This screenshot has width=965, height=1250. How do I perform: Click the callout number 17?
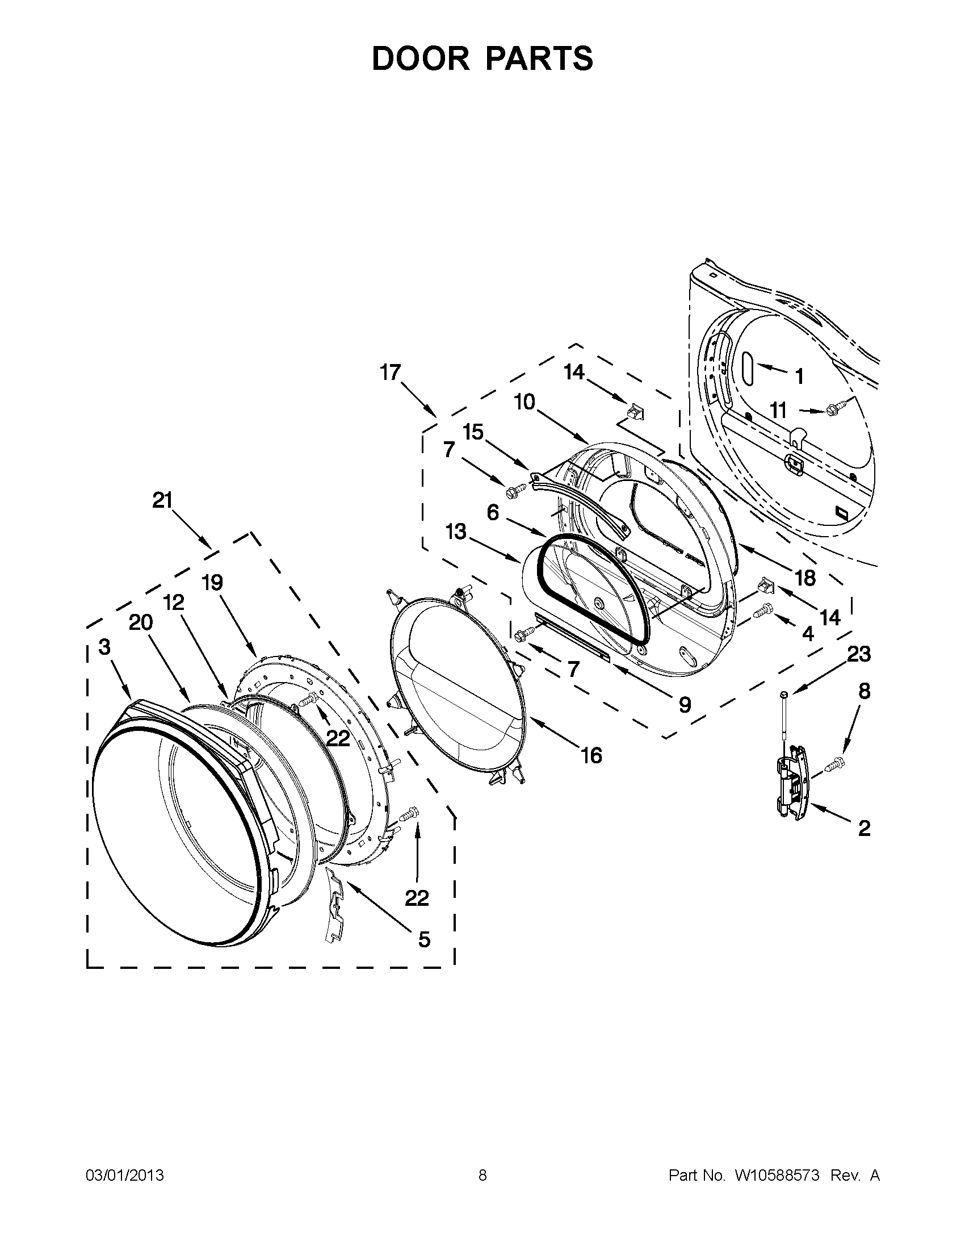point(391,373)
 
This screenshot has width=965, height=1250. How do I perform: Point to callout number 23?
point(859,654)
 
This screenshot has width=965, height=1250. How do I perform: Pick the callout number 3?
point(104,647)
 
